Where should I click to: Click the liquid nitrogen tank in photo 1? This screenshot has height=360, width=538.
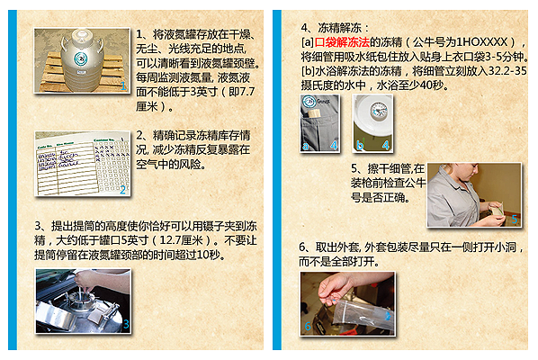[82, 60]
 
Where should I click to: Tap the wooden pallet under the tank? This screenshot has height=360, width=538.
[83, 73]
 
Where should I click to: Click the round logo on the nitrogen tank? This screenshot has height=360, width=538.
[80, 58]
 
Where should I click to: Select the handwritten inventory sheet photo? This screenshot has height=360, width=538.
[83, 164]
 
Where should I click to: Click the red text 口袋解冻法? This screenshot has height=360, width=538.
[342, 42]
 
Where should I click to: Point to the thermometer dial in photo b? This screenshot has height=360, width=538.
[378, 111]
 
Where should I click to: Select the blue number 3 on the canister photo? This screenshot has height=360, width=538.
[126, 324]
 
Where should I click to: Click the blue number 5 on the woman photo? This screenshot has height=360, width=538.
[515, 219]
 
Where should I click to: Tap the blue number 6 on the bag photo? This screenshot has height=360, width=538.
[308, 326]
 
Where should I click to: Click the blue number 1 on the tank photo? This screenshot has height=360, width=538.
[123, 85]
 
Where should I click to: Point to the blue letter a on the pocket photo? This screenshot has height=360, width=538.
[305, 146]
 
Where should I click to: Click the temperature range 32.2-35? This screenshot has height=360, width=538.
[507, 71]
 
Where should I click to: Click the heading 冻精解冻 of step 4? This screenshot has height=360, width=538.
[339, 28]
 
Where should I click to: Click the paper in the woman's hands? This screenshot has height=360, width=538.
[495, 210]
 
